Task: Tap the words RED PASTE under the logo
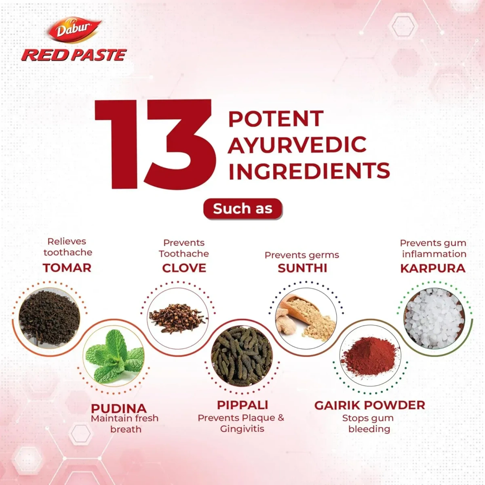[x=74, y=55]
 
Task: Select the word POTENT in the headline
[x=276, y=119]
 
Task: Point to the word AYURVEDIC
[x=297, y=145]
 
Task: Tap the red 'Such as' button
[x=242, y=209]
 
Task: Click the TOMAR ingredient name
[x=67, y=268]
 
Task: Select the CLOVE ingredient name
[x=184, y=268]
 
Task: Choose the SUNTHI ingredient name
[x=302, y=268]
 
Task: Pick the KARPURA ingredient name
[x=433, y=268]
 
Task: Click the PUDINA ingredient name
[x=119, y=408]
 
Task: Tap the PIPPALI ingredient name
[x=242, y=405]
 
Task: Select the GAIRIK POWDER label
[x=369, y=405]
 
